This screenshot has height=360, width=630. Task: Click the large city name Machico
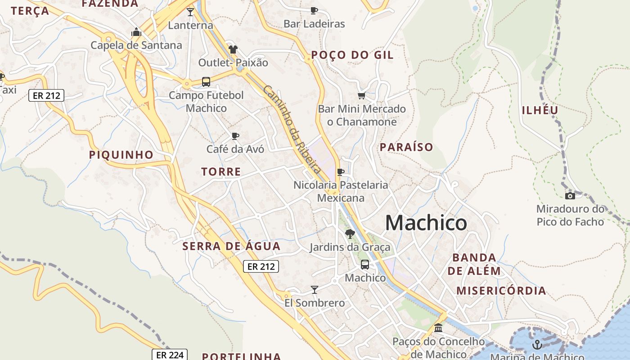tap(426, 223)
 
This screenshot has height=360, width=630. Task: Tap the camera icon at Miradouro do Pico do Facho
tap(570, 196)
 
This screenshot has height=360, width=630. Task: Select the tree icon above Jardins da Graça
tap(350, 234)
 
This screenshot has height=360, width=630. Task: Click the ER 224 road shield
tap(169, 355)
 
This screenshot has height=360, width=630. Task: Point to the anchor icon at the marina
tap(537, 345)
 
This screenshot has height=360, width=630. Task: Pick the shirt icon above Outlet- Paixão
tap(233, 49)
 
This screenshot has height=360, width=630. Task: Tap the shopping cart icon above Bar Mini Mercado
tap(361, 95)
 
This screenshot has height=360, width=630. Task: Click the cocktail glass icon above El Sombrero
tap(315, 289)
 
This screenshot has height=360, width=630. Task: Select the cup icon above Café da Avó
tap(235, 136)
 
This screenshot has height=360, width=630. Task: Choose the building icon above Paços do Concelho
tap(438, 328)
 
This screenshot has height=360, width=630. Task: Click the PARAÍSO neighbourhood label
tap(406, 147)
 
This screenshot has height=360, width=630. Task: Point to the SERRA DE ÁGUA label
tap(231, 246)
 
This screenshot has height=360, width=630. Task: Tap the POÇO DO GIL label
tap(352, 55)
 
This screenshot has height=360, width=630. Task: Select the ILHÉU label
tap(540, 110)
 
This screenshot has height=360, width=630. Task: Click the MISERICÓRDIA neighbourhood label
tap(501, 291)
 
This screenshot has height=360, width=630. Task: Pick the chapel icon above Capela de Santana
tap(136, 32)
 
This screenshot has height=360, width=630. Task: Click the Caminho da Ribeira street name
tap(292, 129)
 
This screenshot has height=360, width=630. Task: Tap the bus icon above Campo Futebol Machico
tap(206, 82)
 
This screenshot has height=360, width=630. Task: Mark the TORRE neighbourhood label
tap(221, 172)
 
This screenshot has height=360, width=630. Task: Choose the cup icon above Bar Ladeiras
tap(314, 10)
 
